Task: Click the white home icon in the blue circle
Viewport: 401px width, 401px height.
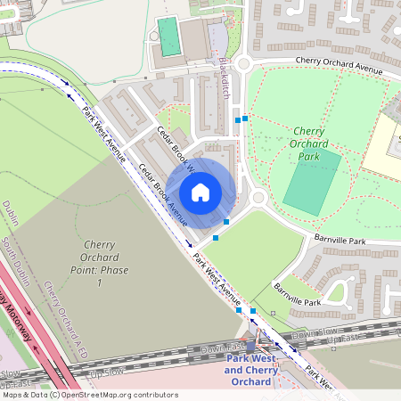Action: [x=200, y=192]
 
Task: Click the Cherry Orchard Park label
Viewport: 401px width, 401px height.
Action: [x=310, y=143]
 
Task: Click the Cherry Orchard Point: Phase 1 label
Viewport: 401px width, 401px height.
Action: [x=100, y=263]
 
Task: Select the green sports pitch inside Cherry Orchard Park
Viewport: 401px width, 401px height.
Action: [x=312, y=182]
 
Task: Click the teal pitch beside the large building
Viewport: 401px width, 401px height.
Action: [x=167, y=36]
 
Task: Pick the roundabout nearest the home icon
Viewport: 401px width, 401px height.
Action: [x=258, y=197]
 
